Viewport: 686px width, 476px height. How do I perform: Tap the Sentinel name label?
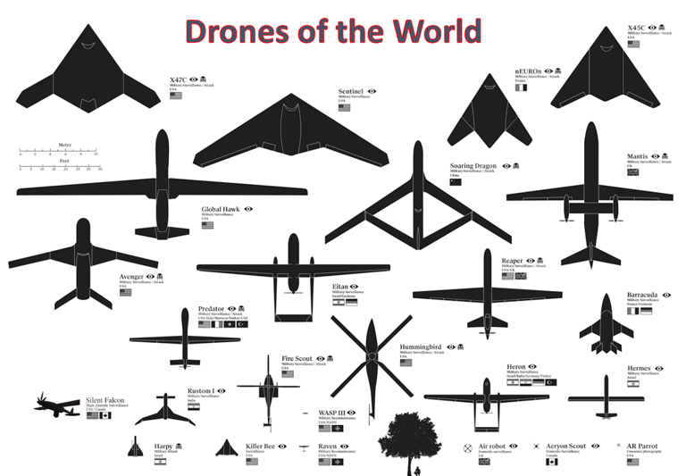click(350, 92)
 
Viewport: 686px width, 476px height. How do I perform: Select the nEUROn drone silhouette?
click(483, 112)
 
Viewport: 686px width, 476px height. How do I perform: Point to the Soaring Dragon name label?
click(473, 166)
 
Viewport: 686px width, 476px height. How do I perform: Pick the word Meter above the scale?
click(64, 144)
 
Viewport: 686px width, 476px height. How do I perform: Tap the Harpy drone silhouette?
click(136, 447)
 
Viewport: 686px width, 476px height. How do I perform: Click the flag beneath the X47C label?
click(175, 96)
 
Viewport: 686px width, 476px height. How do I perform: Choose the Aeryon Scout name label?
click(565, 446)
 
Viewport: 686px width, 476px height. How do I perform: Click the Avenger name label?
click(131, 277)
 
